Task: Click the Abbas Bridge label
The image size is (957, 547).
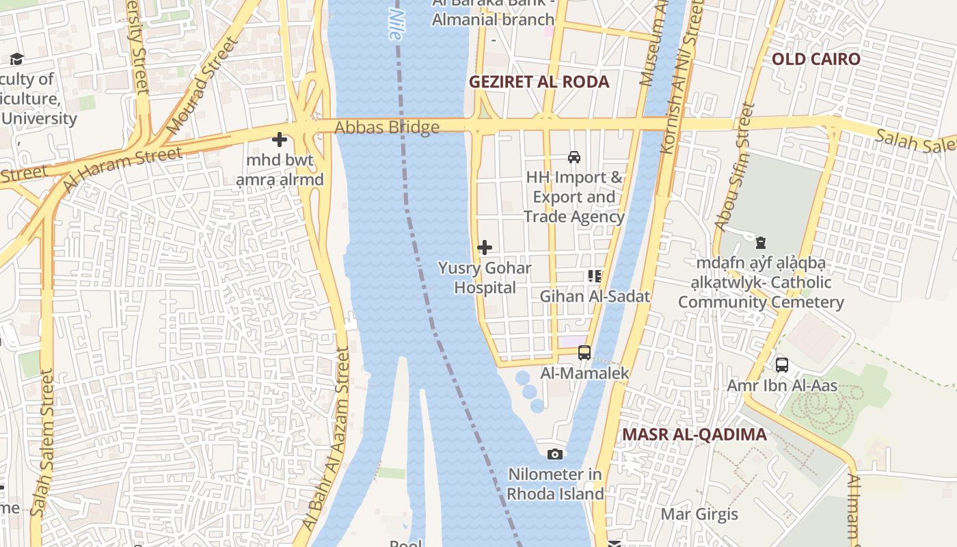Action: (387, 128)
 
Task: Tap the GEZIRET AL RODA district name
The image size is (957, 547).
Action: (539, 82)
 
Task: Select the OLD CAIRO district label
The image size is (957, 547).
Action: (816, 59)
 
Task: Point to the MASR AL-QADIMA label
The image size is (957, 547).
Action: (694, 435)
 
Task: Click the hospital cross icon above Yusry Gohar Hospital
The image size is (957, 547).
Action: (485, 247)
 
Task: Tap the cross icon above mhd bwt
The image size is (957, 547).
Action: (280, 139)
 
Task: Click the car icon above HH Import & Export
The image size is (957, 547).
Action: (574, 157)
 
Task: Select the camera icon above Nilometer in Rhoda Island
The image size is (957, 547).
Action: (555, 454)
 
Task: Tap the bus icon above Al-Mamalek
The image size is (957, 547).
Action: (584, 353)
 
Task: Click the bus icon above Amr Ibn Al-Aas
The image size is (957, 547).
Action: (782, 365)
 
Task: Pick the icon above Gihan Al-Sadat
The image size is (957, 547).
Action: (595, 276)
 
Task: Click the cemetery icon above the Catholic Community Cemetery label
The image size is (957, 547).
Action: (760, 243)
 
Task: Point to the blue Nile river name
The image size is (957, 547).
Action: (394, 24)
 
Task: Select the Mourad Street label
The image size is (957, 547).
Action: (203, 85)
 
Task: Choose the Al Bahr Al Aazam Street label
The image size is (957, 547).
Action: (327, 438)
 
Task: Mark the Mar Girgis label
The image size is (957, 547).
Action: (699, 514)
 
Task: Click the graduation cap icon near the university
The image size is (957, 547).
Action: (16, 59)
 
